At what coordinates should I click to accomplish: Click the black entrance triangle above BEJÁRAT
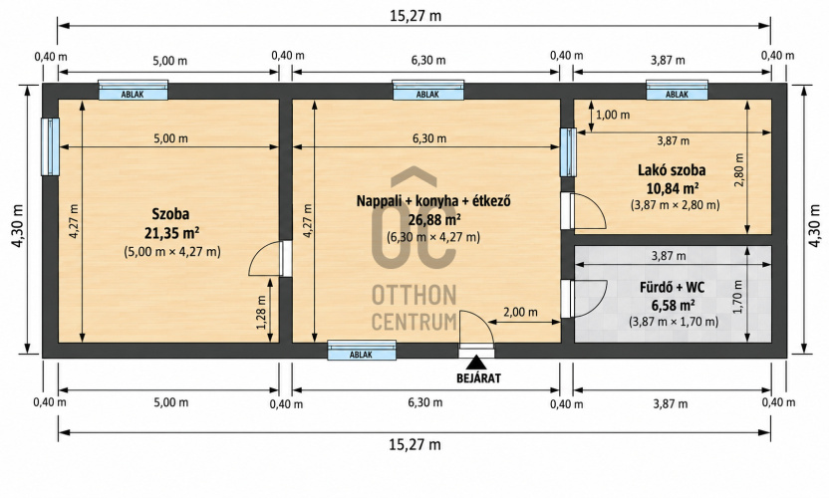(x=476, y=363)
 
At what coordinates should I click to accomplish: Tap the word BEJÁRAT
(x=478, y=378)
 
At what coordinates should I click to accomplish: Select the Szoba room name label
(x=170, y=214)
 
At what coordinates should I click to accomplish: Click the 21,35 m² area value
(x=171, y=233)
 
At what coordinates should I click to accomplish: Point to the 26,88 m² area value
(x=433, y=219)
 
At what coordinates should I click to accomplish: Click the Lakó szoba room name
(x=672, y=170)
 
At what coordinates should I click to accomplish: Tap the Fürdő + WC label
(x=672, y=288)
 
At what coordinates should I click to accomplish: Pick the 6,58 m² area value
(x=672, y=305)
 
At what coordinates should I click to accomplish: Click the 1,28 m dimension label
(x=261, y=312)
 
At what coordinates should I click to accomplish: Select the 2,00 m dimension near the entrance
(x=520, y=312)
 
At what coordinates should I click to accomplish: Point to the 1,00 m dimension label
(x=613, y=115)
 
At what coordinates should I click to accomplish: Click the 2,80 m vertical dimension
(x=738, y=169)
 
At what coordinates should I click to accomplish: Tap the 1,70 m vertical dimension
(x=737, y=297)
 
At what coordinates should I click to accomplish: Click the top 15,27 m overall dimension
(x=415, y=16)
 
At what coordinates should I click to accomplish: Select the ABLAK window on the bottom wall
(x=362, y=351)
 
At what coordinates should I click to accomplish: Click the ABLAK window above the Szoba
(x=134, y=91)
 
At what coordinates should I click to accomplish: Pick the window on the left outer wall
(x=50, y=146)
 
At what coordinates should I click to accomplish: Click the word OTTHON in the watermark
(x=414, y=295)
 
